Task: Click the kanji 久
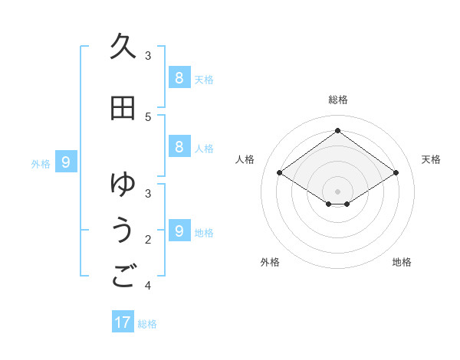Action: [x=123, y=47]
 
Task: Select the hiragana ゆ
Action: [x=123, y=185]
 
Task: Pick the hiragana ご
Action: [x=123, y=277]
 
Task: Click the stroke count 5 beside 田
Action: [x=148, y=116]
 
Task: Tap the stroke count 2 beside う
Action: [x=148, y=240]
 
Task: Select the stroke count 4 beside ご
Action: [x=148, y=286]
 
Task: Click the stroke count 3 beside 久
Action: [x=148, y=55]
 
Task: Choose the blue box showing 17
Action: [x=123, y=322]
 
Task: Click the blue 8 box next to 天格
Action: [x=179, y=77]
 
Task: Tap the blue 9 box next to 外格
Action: [x=67, y=162]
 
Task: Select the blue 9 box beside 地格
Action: [x=179, y=231]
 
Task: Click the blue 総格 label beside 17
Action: [x=147, y=324]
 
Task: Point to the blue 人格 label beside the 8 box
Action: [x=204, y=148]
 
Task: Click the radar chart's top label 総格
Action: [x=337, y=100]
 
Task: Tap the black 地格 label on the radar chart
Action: [x=402, y=262]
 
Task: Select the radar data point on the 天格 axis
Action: [x=396, y=173]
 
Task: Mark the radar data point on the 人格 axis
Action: [x=280, y=173]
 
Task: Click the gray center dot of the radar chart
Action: [x=337, y=191]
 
